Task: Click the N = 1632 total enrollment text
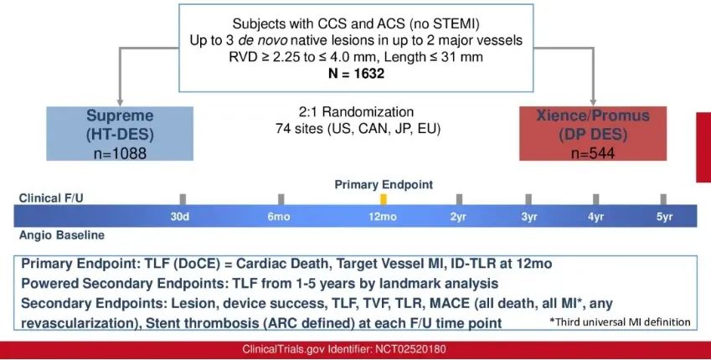pos(356,73)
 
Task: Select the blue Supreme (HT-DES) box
pos(120,133)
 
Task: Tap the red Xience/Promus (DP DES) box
pos(593,133)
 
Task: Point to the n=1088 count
pos(120,153)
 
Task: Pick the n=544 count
pos(593,153)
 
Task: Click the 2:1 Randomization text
pos(356,112)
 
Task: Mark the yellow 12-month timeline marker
pos(384,199)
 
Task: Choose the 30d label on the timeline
pos(179,217)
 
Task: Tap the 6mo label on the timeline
pos(278,217)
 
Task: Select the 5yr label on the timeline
pos(664,217)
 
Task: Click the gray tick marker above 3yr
pos(528,199)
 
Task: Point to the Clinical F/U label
pos(51,198)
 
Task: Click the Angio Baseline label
pos(62,235)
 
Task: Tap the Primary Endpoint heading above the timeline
pos(384,184)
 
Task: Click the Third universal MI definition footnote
pos(620,322)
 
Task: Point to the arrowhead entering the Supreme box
pos(120,103)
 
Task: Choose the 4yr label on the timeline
pos(595,217)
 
